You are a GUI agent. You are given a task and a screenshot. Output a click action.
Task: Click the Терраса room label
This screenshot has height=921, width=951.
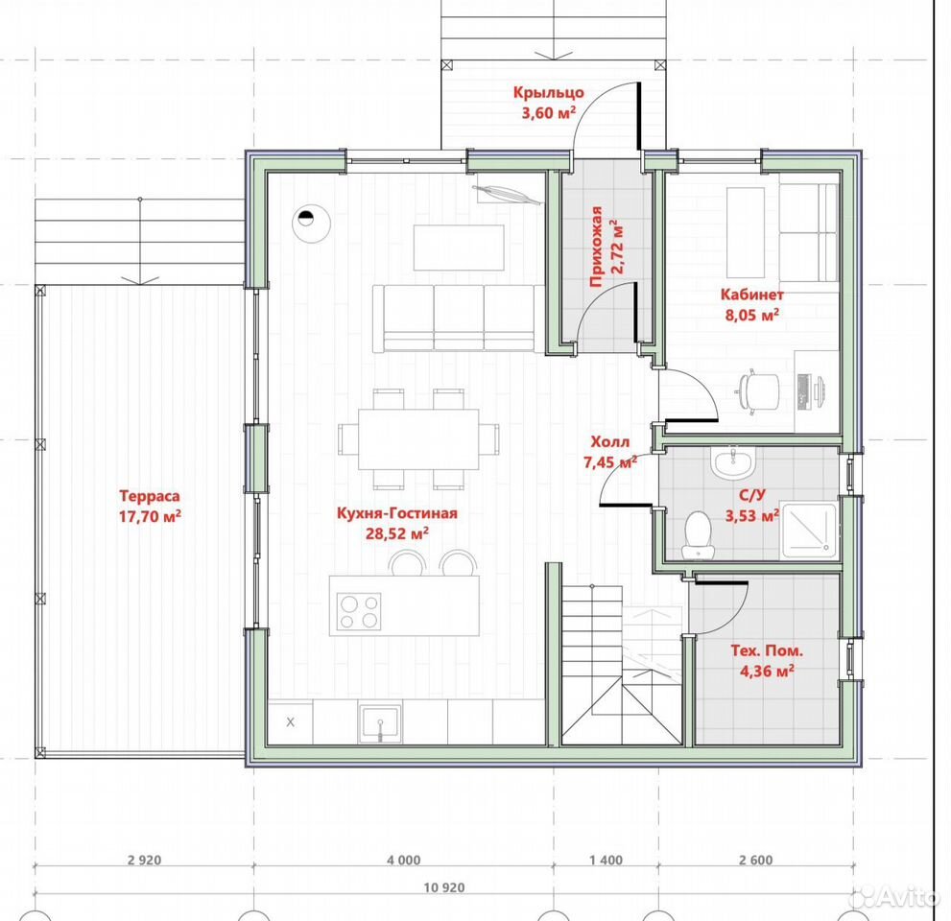150,496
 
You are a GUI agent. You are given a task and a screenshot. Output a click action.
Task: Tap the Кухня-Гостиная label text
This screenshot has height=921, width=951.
397,513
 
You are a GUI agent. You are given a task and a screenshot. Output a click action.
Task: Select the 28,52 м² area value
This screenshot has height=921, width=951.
397,533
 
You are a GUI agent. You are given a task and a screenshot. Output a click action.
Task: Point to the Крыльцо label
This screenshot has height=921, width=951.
549,93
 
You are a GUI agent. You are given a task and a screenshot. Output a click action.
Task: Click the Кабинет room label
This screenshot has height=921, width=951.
752,295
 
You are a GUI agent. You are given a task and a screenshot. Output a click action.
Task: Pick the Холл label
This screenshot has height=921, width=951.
610,441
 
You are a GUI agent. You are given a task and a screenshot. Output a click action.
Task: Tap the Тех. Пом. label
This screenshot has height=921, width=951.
767,651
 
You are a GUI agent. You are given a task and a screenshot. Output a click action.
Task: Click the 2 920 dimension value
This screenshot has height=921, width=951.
145,860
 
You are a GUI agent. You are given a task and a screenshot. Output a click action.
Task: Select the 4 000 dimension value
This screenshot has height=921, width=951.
403,860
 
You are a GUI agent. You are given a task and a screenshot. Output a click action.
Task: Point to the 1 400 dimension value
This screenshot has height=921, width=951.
606,860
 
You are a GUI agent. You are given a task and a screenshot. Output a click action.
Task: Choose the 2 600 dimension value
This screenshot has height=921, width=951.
756,860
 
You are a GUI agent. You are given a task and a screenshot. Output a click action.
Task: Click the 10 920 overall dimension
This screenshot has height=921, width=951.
444,887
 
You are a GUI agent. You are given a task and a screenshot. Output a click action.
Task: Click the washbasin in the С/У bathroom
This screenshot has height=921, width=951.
733,462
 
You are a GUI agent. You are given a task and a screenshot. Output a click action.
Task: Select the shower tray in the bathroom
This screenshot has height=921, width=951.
808,530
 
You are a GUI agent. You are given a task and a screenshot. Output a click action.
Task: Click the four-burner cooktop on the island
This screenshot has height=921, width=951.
359,611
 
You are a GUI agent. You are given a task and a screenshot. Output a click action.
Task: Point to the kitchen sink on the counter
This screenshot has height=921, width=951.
380,722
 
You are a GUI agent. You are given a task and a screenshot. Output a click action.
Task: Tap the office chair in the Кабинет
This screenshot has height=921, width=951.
758,392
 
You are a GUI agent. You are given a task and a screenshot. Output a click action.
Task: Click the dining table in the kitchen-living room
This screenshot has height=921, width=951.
418,439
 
